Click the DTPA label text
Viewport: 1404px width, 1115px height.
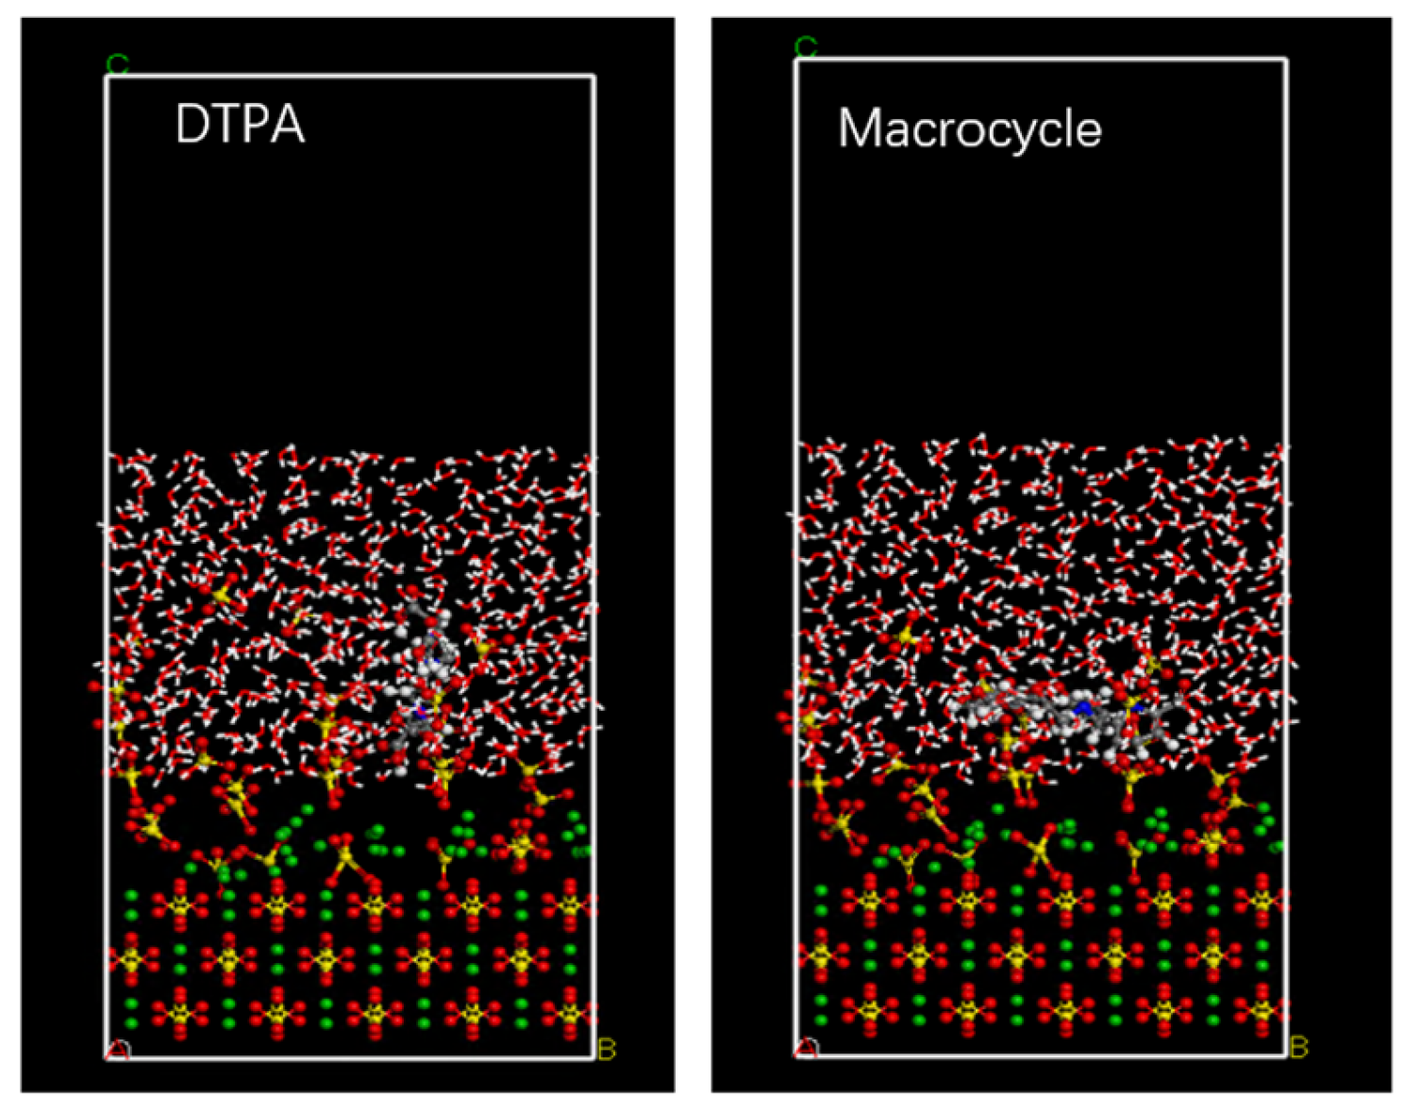coord(240,124)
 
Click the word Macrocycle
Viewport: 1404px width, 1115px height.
coord(969,128)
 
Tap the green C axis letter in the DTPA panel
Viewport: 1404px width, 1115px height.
coord(117,65)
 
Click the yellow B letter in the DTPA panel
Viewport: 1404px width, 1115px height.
coord(607,1049)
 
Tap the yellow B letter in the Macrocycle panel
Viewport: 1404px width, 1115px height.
coord(1299,1047)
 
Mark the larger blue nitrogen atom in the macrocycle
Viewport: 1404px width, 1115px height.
coord(1084,707)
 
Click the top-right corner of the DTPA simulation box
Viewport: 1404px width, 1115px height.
coord(593,76)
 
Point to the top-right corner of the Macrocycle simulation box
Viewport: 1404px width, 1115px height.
coord(1286,59)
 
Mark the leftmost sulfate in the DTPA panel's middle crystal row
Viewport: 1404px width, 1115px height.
coord(130,960)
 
